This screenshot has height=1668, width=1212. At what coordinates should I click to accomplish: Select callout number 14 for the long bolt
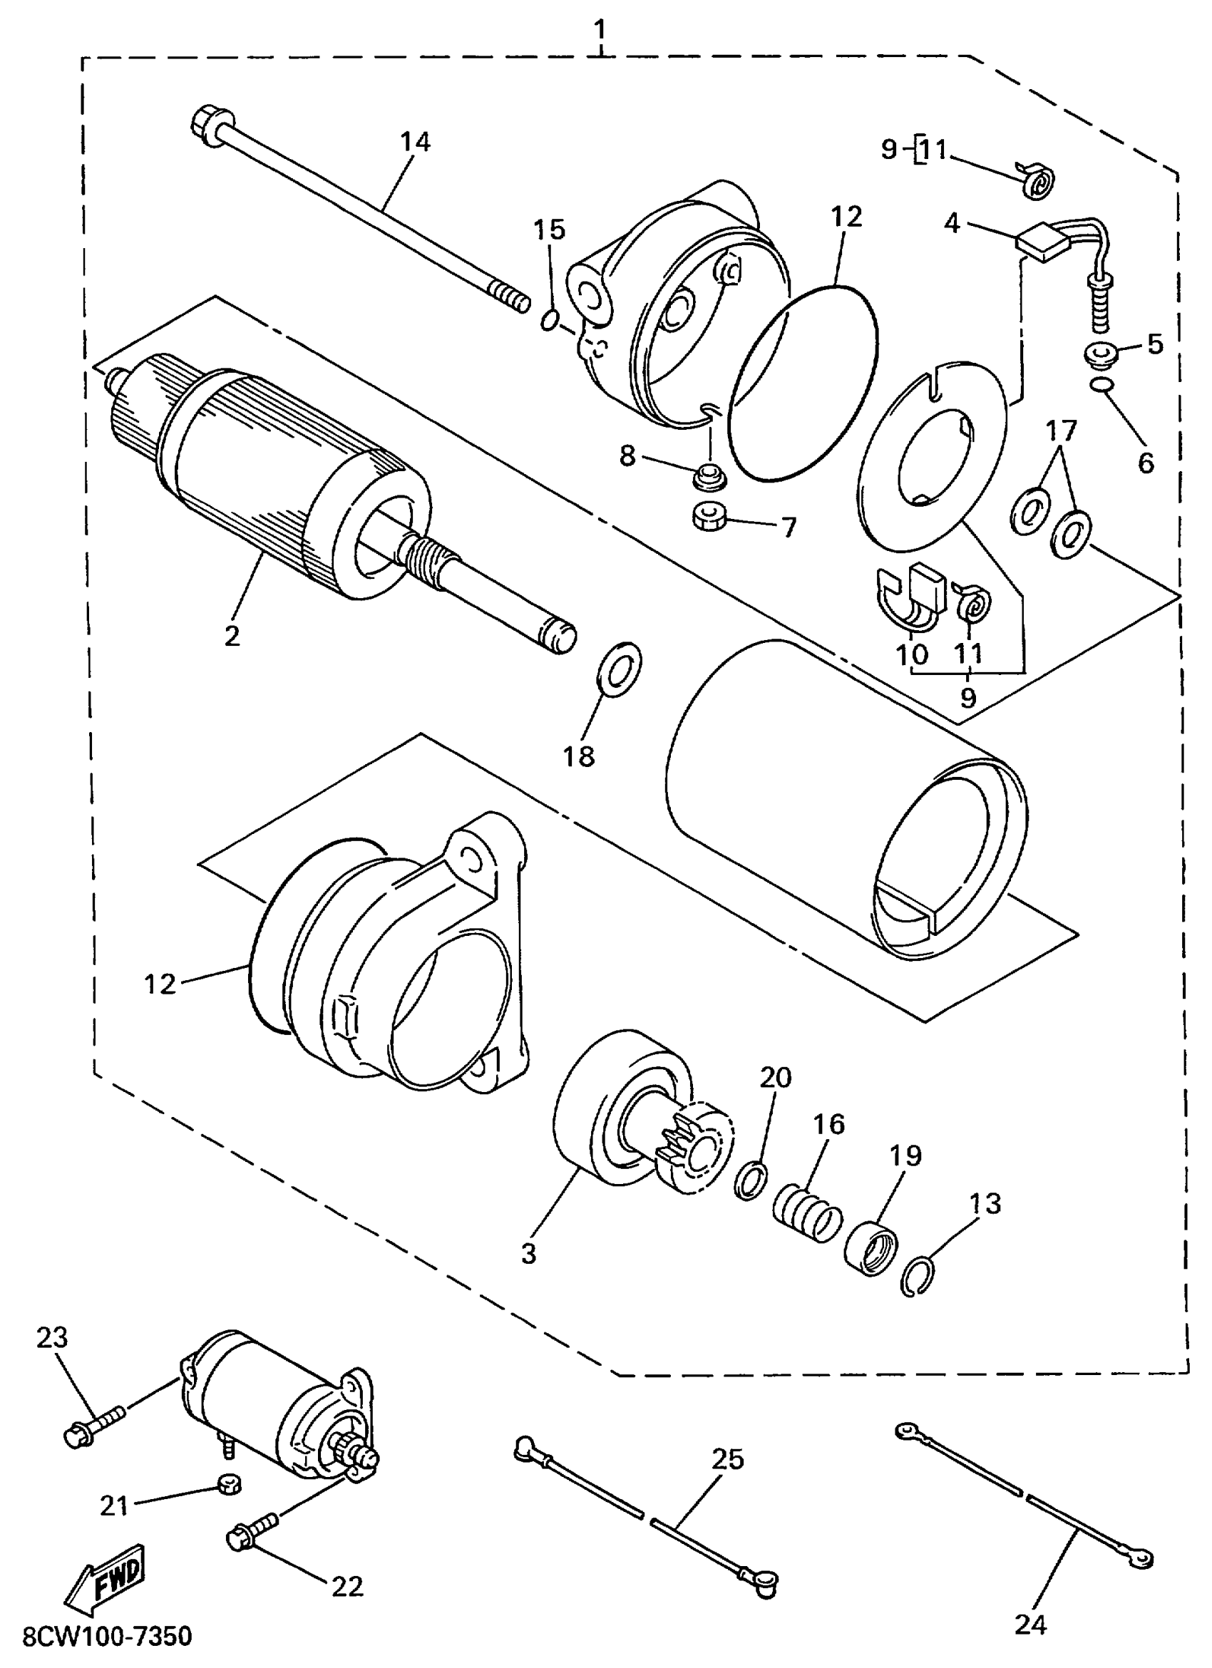coord(415,141)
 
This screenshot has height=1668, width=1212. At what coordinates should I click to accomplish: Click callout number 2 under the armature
coord(232,636)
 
